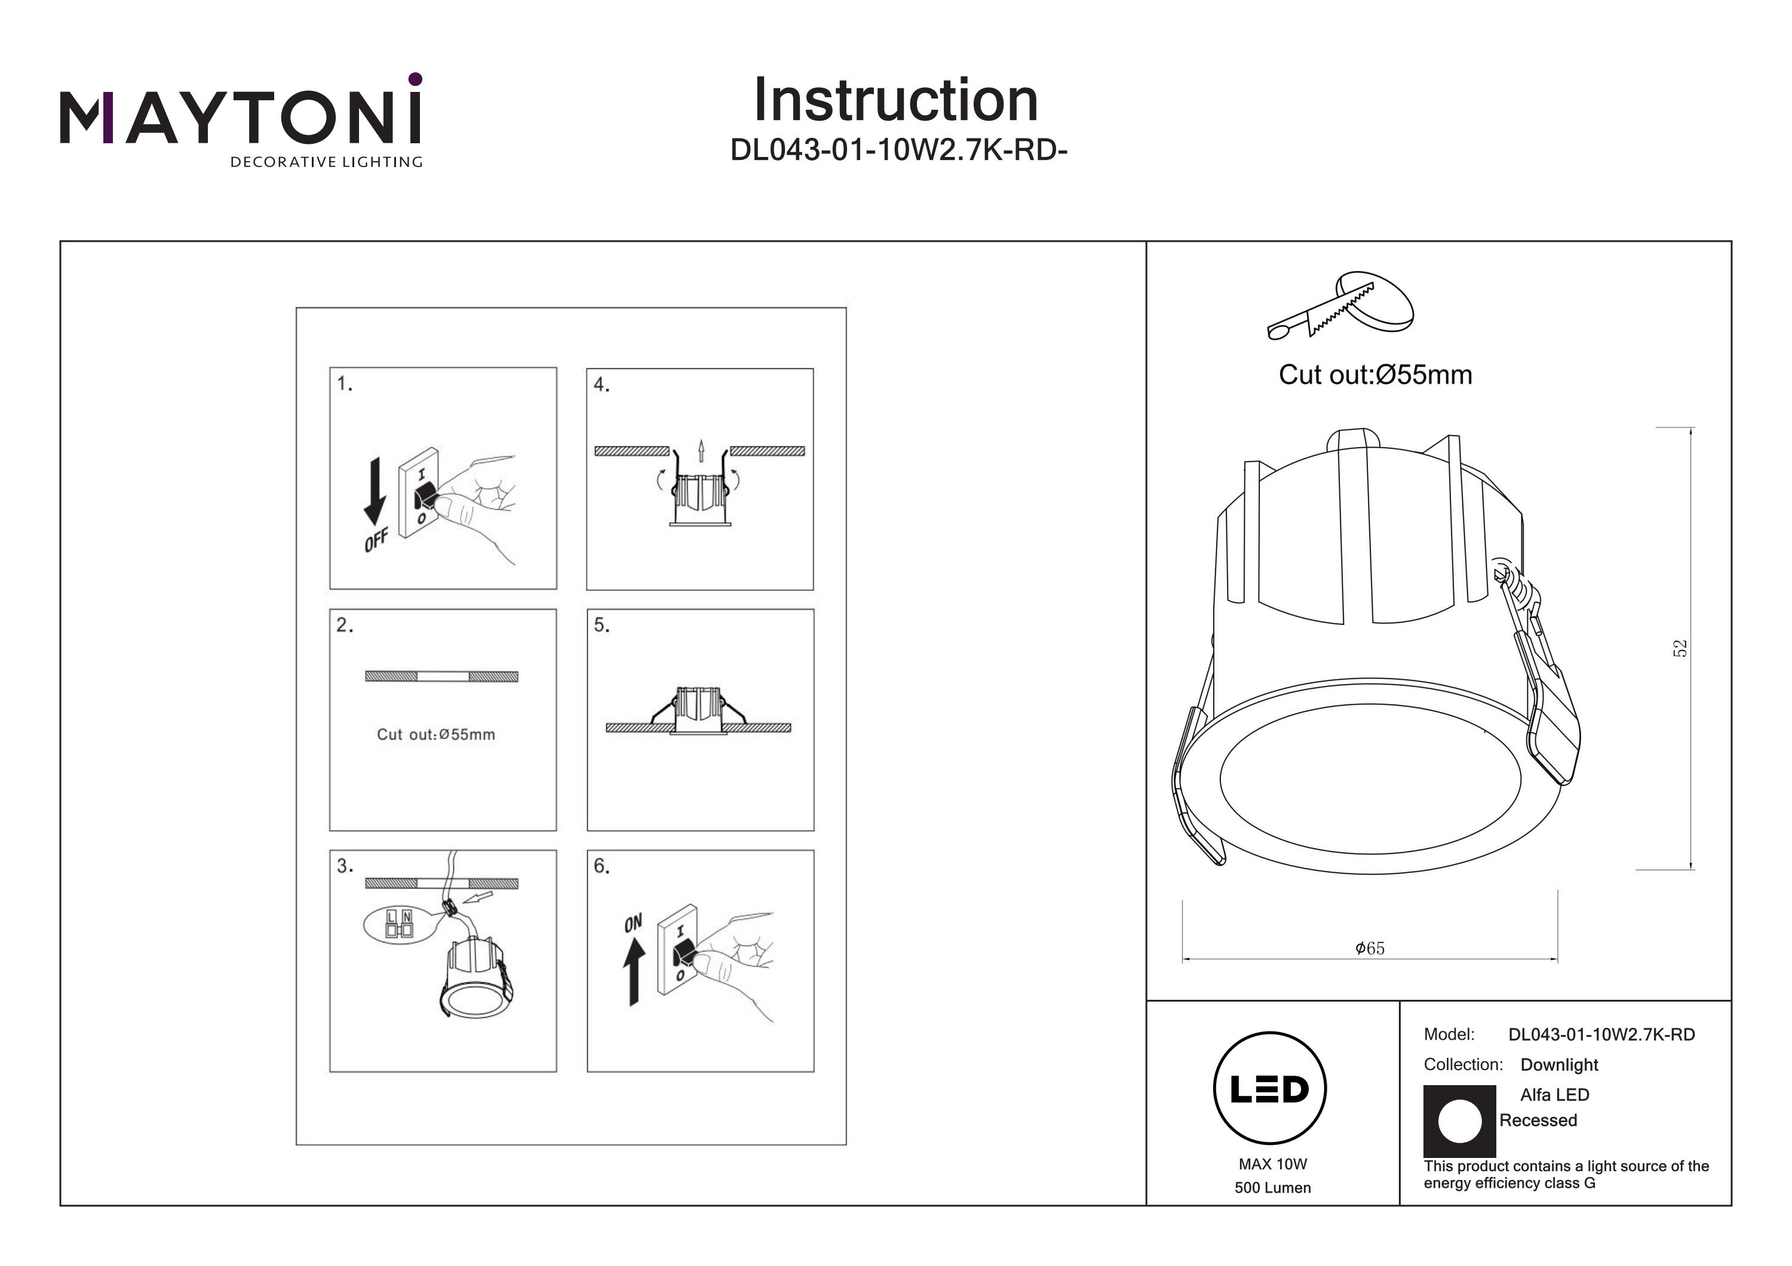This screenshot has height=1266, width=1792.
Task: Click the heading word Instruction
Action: pos(895,101)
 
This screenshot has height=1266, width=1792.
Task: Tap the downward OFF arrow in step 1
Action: pos(375,490)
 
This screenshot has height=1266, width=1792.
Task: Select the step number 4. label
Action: pos(601,384)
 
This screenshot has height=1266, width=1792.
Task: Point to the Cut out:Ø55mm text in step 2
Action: pos(435,734)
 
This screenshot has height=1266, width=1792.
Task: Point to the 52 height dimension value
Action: pos(1680,648)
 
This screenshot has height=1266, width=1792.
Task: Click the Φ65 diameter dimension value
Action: pos(1370,948)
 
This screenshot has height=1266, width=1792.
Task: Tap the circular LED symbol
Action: pos(1270,1089)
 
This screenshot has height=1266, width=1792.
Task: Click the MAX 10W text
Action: pos(1272,1164)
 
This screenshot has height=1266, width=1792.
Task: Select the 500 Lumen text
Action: pos(1272,1188)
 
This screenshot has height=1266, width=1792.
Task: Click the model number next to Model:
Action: pos(1601,1034)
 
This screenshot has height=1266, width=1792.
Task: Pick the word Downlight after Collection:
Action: pos(1558,1065)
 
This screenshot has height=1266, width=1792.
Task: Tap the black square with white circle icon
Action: pos(1459,1122)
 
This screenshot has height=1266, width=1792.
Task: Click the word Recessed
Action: pos(1538,1120)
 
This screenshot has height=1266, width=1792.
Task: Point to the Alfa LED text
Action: pos(1554,1094)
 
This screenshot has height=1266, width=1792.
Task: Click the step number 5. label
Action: pos(601,625)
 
